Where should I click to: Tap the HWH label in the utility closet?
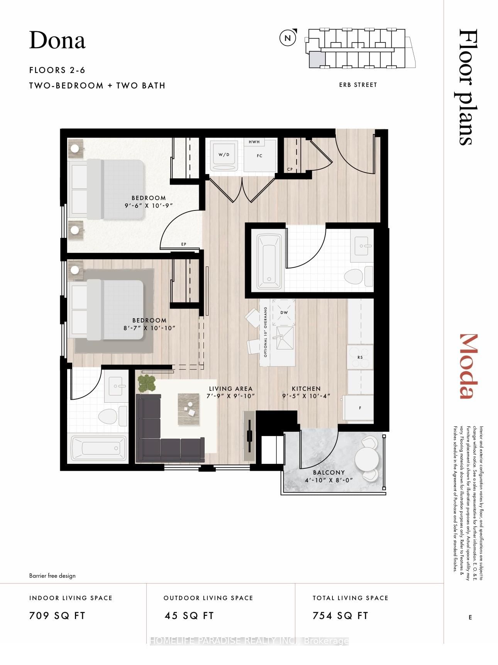point(254,142)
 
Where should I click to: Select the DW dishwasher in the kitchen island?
point(284,312)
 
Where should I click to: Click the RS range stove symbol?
point(360,357)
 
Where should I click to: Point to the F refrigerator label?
point(360,408)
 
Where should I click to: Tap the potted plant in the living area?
point(147,383)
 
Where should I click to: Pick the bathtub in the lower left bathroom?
point(99,448)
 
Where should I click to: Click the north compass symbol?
point(288,38)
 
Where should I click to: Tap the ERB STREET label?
point(358,85)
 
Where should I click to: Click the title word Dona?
point(57,41)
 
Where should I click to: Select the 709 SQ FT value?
point(57,616)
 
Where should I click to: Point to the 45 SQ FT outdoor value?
point(189,616)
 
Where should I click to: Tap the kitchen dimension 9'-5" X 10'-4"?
point(306,396)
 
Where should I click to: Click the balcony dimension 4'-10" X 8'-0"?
point(329,480)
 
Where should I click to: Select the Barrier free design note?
point(53,575)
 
